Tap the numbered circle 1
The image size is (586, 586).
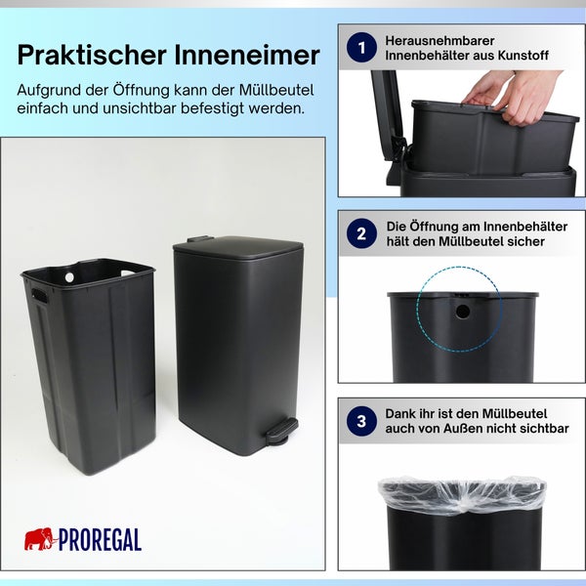pos(361,48)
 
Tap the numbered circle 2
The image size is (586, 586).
pos(361,233)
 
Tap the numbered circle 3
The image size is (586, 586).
pos(361,421)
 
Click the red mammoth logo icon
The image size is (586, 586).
pos(38,538)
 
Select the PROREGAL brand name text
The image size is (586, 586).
pos(100,540)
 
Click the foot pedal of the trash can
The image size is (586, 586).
pos(279,429)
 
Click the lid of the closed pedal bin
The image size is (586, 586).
pos(237,246)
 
